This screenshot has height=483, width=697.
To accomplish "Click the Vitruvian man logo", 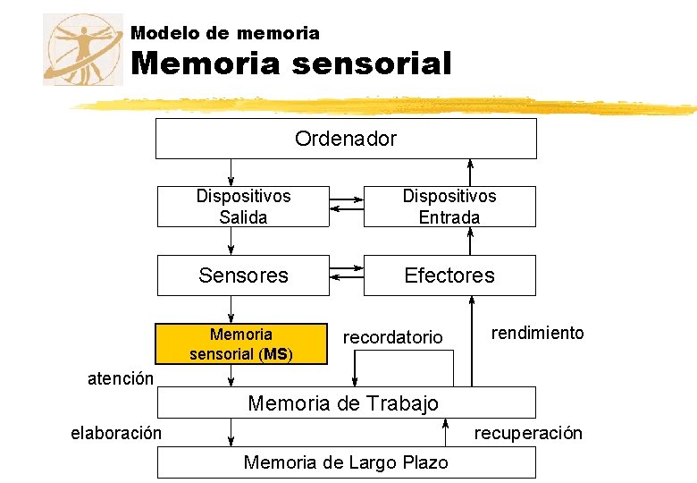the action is pyautogui.click(x=82, y=49).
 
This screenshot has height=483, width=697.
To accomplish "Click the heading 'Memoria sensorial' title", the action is pyautogui.click(x=291, y=64).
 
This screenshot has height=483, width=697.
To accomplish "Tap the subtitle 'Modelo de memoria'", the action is pyautogui.click(x=225, y=33).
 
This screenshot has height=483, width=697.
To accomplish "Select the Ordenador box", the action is pyautogui.click(x=346, y=139).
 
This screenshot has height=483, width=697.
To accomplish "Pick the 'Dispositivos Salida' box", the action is pyautogui.click(x=243, y=207).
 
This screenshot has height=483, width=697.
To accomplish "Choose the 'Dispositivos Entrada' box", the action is pyautogui.click(x=449, y=207).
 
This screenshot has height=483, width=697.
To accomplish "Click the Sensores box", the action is pyautogui.click(x=243, y=275).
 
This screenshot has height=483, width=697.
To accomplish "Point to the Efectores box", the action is pyautogui.click(x=449, y=275).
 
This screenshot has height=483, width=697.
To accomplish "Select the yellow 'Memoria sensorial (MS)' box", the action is pyautogui.click(x=241, y=344).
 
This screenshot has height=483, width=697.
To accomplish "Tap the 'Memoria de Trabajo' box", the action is pyautogui.click(x=346, y=402).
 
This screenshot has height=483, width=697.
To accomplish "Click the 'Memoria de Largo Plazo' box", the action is pyautogui.click(x=346, y=462).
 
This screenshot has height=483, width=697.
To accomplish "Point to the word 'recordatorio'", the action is pyautogui.click(x=393, y=337).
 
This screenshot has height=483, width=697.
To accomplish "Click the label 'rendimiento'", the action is pyautogui.click(x=538, y=333).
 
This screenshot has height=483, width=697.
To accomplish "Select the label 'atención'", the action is pyautogui.click(x=121, y=378).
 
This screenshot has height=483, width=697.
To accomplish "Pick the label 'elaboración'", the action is pyautogui.click(x=116, y=433).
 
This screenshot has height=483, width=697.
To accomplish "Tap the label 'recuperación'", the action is pyautogui.click(x=528, y=433).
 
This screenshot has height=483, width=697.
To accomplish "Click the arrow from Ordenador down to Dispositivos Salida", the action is pyautogui.click(x=231, y=173).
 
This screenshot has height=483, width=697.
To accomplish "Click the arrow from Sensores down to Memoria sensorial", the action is pyautogui.click(x=231, y=309).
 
